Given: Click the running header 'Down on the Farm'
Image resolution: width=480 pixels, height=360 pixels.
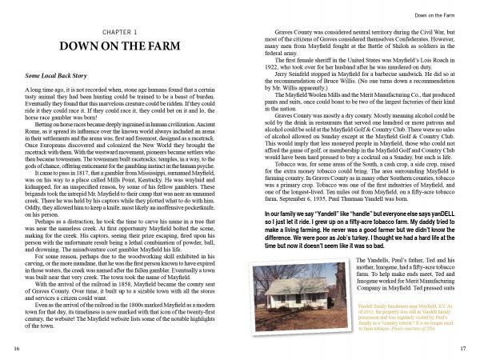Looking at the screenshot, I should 434,14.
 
